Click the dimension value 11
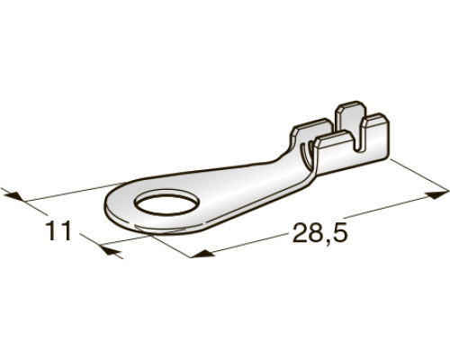click(58, 230)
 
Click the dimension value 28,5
click(319, 232)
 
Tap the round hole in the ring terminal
click(167, 205)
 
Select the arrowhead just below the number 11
click(110, 250)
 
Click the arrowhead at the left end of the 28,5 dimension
click(202, 254)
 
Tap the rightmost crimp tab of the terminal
click(375, 138)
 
